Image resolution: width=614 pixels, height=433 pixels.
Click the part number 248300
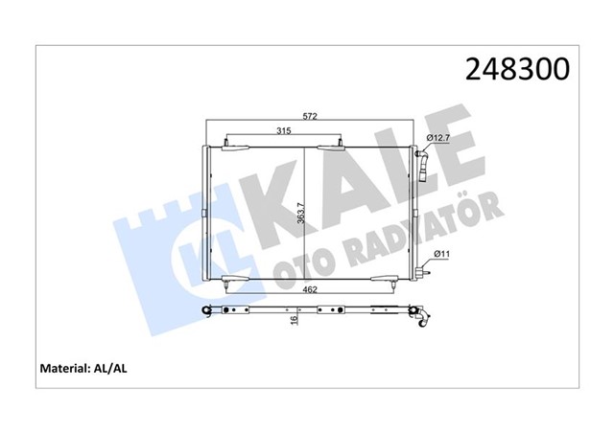click(517, 69)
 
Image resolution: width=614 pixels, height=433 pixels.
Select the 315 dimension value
click(284, 131)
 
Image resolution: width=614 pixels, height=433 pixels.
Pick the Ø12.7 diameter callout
click(437, 140)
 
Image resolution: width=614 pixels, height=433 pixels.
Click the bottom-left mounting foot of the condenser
click(226, 281)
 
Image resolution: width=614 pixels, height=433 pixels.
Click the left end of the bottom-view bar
click(206, 309)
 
